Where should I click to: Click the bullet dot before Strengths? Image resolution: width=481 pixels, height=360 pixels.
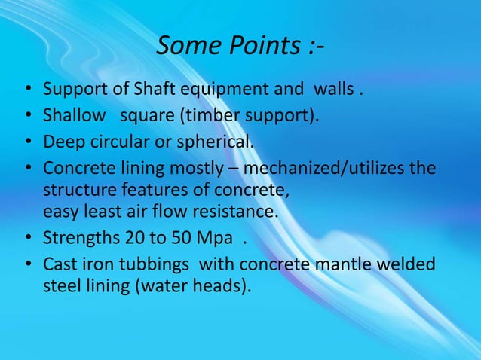click(x=27, y=239)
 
